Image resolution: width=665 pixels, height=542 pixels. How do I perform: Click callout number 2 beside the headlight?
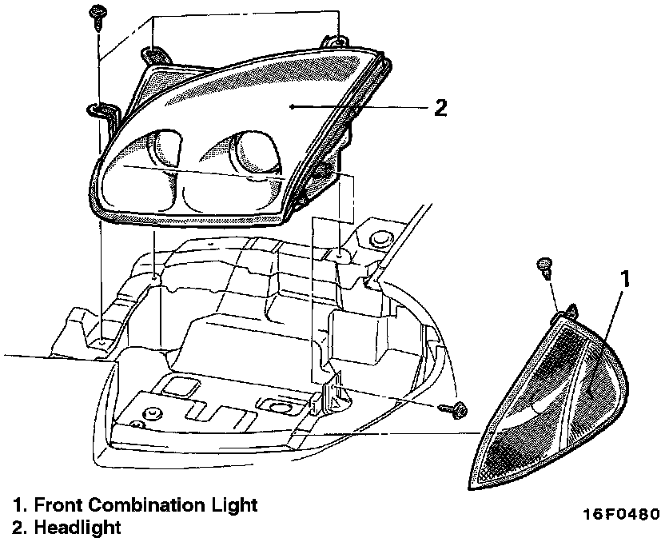[440, 107]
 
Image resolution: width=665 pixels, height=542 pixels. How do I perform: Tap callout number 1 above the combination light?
[627, 278]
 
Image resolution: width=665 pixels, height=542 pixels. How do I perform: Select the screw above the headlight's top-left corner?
[98, 15]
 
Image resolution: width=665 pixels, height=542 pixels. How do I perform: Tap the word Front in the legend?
[57, 505]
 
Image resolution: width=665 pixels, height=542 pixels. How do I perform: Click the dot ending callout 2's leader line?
[293, 106]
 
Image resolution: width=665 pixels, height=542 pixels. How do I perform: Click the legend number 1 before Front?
[18, 505]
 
